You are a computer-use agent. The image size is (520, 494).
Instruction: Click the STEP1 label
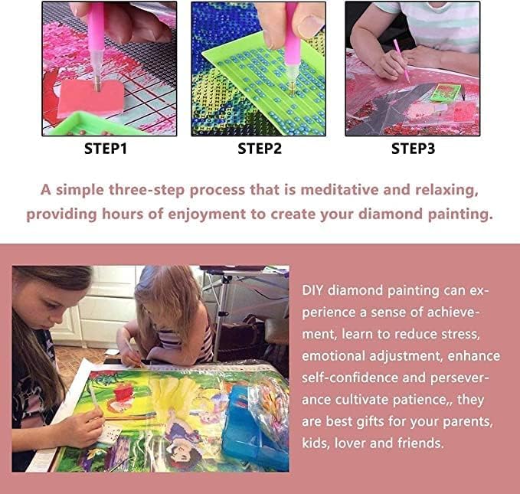(105, 149)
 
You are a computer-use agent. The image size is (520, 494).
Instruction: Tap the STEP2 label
(259, 149)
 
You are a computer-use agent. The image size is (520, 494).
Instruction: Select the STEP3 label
(413, 149)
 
